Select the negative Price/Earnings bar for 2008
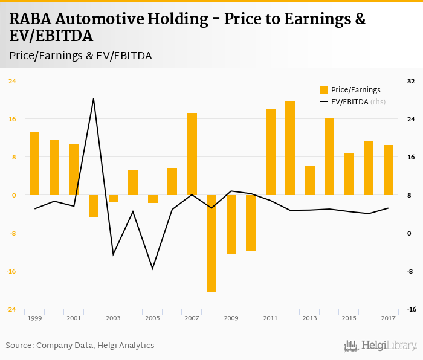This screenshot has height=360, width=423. click(211, 243)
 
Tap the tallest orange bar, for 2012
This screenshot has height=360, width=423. click(290, 148)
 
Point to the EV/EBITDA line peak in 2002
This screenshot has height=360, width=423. click(94, 98)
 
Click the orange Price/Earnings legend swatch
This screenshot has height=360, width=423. click(323, 90)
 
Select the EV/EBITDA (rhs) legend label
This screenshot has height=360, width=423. click(358, 102)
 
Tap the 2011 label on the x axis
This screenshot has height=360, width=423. click(270, 318)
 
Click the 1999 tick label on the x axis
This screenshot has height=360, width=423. click(34, 318)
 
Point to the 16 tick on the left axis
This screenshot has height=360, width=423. click(11, 119)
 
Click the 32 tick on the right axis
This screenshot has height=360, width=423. click(411, 81)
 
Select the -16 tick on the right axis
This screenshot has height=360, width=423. click(411, 309)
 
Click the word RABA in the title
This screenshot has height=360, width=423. click(30, 19)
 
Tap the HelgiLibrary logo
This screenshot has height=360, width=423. click(380, 346)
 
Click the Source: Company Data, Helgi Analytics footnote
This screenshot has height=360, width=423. click(80, 346)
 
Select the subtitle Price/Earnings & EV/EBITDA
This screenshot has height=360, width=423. click(80, 56)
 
